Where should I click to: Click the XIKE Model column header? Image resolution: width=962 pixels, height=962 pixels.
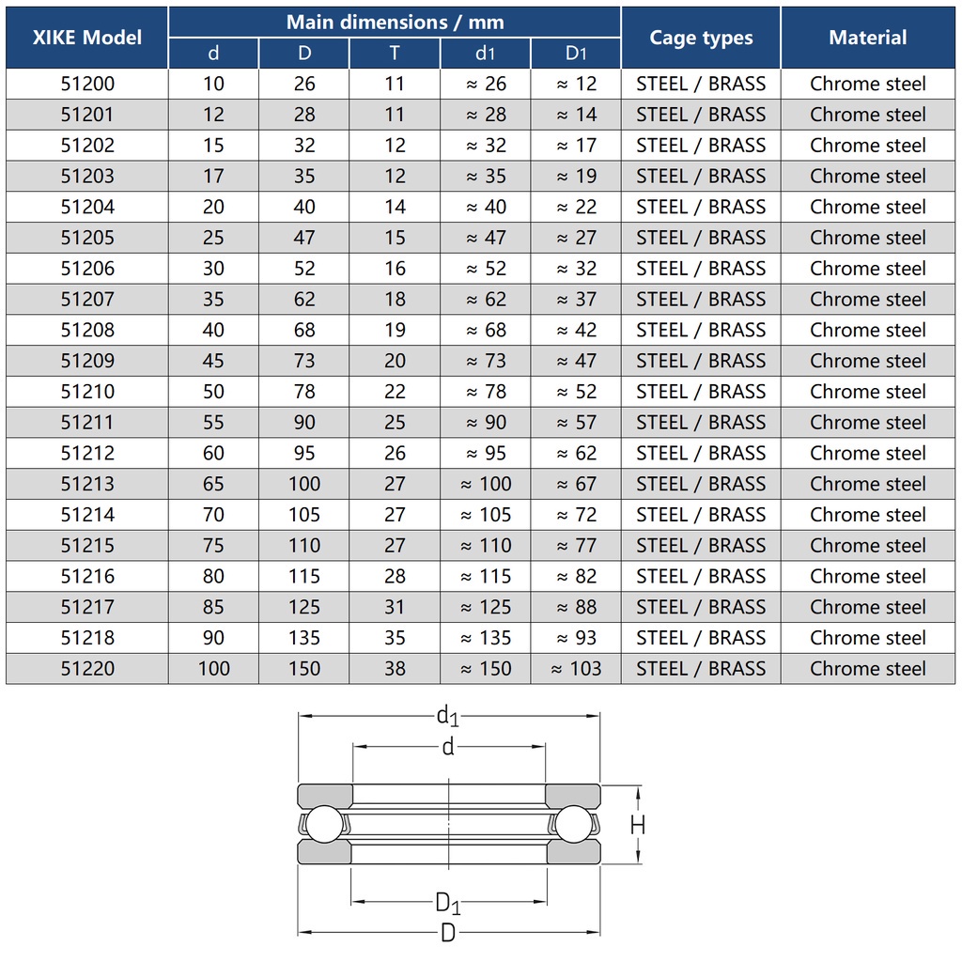tap(86, 38)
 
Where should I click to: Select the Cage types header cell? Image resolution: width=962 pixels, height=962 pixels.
tap(701, 38)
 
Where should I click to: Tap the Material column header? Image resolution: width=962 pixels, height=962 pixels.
tap(867, 38)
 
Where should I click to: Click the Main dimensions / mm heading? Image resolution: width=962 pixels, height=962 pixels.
tap(395, 22)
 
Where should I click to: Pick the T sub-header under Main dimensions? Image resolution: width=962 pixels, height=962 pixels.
tap(395, 54)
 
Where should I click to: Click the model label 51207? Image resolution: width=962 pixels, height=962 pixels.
tap(87, 299)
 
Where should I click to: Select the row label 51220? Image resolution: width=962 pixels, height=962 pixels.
tap(87, 668)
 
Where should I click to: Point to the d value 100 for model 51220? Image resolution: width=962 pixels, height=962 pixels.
tap(213, 668)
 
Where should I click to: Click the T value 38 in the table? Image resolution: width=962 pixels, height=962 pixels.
tap(395, 668)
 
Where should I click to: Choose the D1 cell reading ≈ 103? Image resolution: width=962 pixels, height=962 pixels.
tap(576, 668)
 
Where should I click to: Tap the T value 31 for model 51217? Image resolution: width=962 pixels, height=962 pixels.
tap(395, 607)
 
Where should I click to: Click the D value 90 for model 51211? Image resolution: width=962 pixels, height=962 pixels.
tap(304, 422)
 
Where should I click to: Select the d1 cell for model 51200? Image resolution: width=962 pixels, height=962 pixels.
tap(486, 84)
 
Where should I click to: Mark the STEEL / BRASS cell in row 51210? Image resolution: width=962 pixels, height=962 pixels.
tap(701, 391)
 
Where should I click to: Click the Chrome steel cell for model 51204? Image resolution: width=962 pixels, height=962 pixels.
tap(867, 207)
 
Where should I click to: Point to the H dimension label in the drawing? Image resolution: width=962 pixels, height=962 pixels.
tap(638, 825)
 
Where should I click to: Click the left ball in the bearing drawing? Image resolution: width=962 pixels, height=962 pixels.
tap(325, 824)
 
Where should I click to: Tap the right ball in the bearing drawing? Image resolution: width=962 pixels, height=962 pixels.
tap(572, 824)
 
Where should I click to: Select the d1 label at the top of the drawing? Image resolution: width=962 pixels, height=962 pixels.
tap(447, 717)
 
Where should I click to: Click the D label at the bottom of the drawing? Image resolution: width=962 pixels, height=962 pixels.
tap(448, 933)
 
